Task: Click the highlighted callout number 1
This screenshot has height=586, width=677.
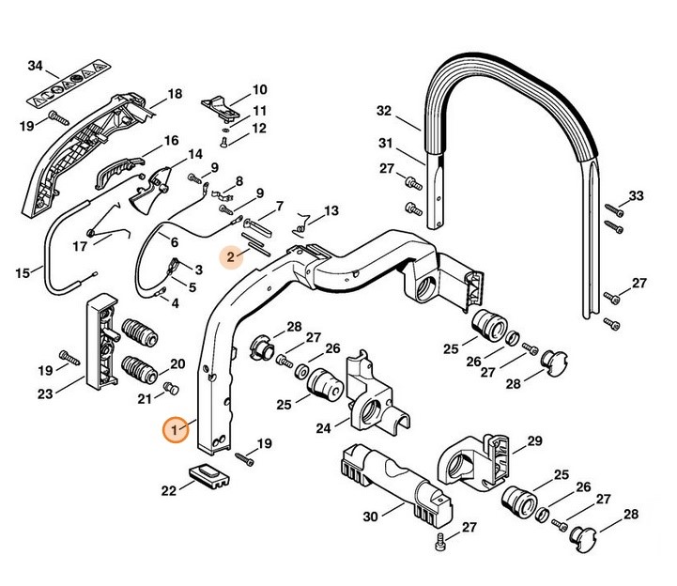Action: coord(174,429)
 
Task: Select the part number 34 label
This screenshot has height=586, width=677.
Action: coord(36,66)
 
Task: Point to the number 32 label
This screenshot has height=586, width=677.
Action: coord(383,111)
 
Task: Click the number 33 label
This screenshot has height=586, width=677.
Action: coord(636,195)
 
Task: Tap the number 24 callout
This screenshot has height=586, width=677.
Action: coord(323,429)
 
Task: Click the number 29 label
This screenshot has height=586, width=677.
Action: coord(534,441)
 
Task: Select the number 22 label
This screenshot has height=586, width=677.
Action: coord(169,489)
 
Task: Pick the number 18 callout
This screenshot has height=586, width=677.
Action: coord(174,94)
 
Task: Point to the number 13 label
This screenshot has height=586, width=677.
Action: coord(331,210)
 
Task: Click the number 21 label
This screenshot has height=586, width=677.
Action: coord(144,398)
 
